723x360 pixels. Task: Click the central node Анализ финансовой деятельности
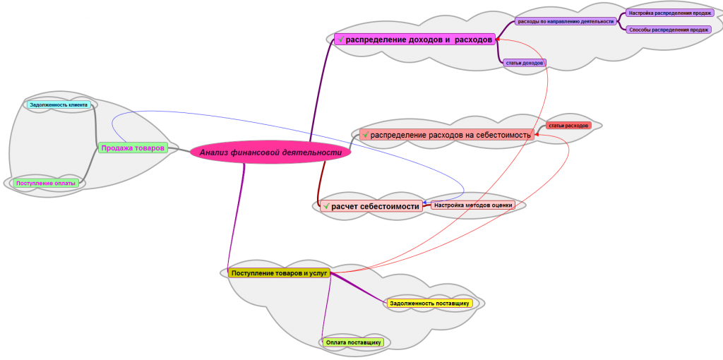[270, 152]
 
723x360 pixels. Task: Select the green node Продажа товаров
[133, 148]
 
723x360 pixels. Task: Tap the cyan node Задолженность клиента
[59, 105]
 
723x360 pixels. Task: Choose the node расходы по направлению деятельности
[566, 21]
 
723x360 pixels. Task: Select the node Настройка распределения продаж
[669, 13]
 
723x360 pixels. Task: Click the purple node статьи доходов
[524, 63]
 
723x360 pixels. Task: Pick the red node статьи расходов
[568, 126]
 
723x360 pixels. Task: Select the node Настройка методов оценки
[472, 205]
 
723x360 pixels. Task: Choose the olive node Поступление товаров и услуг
[279, 273]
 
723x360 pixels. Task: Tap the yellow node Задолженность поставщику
[429, 304]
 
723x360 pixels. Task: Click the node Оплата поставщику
[353, 342]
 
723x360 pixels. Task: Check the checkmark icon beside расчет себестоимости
[326, 206]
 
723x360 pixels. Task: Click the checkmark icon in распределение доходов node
[340, 40]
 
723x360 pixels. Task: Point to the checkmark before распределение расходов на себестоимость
[365, 135]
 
